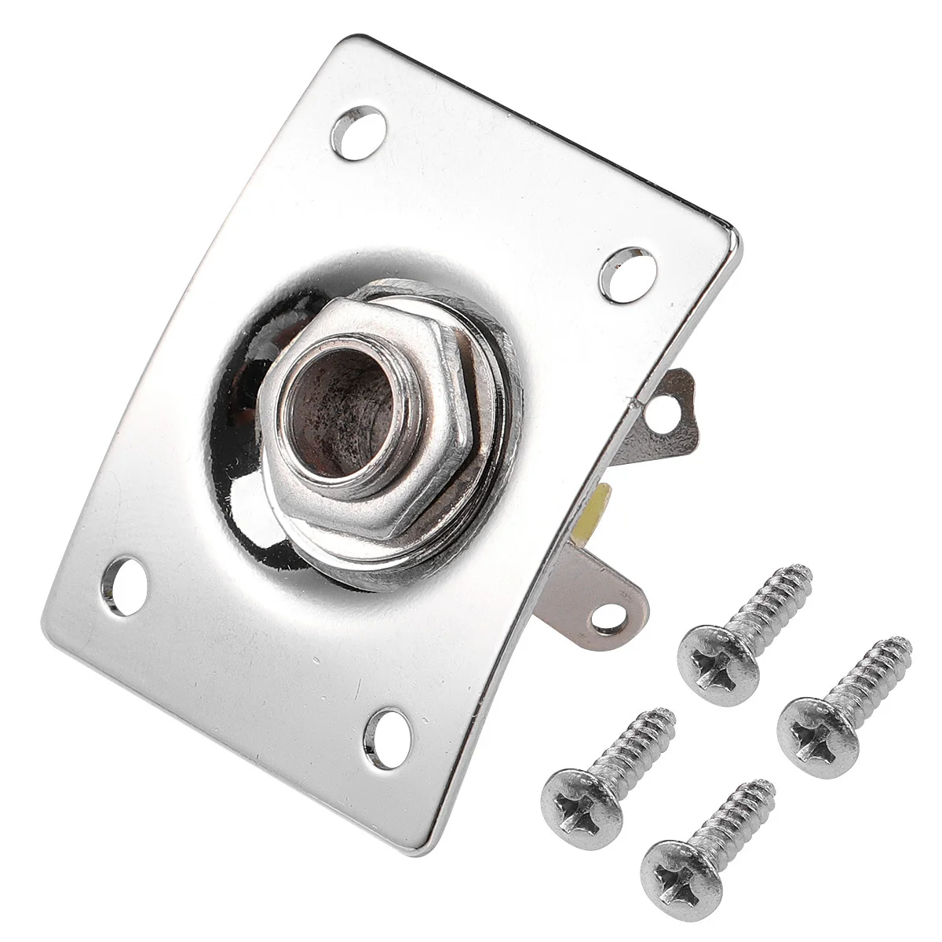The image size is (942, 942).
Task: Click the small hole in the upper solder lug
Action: click(667, 408)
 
